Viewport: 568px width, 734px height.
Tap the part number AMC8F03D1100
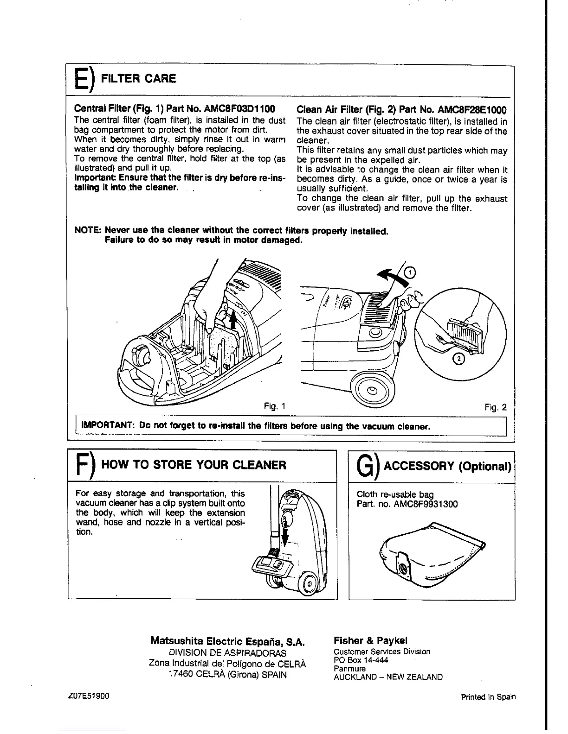coord(241,109)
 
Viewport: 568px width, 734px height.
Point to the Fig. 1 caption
coord(274,406)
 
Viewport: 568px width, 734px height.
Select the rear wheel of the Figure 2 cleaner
coord(372,390)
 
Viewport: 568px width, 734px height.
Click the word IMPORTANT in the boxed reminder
coord(108,425)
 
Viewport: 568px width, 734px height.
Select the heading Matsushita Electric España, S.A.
coord(227,642)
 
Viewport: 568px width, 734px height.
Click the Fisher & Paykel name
coord(370,641)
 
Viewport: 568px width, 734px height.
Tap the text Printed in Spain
coord(488,697)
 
